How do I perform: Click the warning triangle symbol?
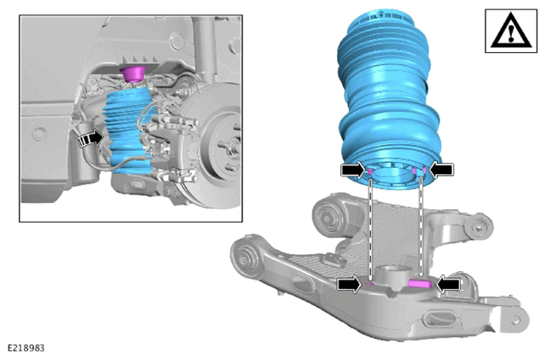511,32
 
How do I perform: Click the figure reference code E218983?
26,348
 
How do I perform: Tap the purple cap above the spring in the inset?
133,73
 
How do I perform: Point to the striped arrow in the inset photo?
90,139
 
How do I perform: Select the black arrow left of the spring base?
353,170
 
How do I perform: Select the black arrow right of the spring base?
442,170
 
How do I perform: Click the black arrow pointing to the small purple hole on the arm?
350,284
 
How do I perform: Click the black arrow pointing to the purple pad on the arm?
449,284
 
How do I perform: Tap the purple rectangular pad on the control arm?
420,283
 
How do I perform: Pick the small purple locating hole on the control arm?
370,284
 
